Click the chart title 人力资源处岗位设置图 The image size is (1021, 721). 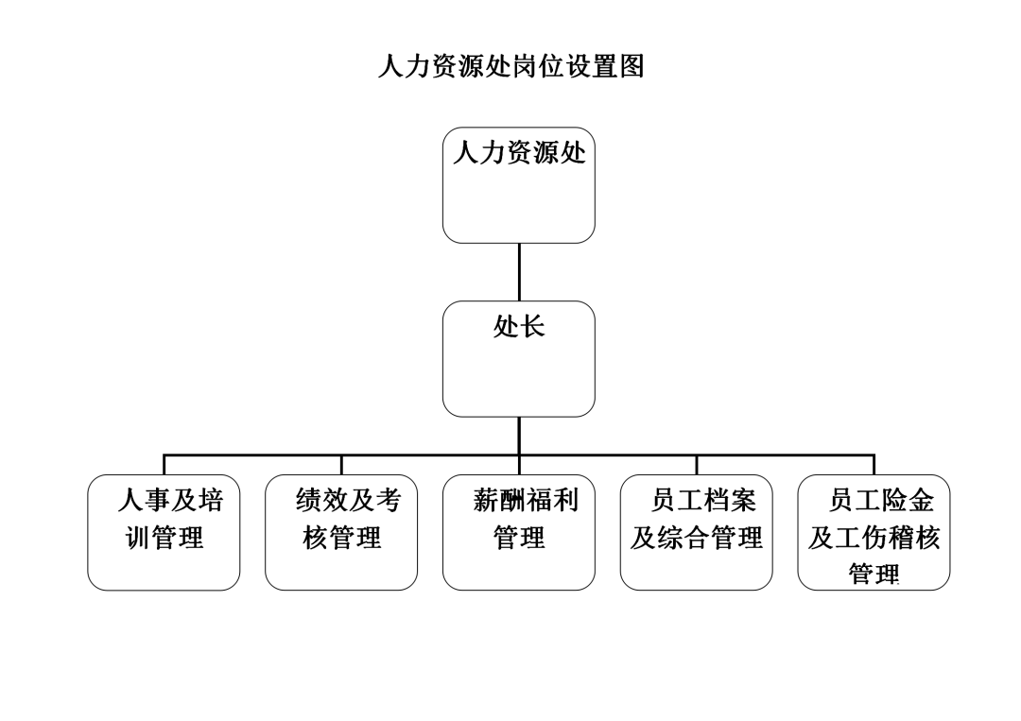(511, 66)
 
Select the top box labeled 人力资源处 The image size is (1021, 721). (519, 185)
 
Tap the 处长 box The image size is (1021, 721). (519, 358)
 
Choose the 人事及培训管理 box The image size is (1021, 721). (164, 532)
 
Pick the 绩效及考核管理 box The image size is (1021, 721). (341, 532)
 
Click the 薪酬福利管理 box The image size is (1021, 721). (519, 532)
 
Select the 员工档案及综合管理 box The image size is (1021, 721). (697, 532)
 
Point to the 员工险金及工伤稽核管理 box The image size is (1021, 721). (874, 532)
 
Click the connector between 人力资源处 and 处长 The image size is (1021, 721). (519, 272)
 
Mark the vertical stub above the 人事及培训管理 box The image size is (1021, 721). (164, 465)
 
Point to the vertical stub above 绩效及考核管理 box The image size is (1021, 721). (341, 465)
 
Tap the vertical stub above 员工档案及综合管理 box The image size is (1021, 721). (697, 465)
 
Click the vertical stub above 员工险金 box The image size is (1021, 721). (874, 465)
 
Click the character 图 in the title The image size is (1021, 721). (632, 66)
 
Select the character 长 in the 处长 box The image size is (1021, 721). (532, 326)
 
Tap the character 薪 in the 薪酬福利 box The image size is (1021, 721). (486, 500)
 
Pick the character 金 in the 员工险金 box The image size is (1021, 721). (921, 500)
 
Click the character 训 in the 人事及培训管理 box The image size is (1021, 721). (137, 538)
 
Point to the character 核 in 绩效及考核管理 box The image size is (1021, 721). (315, 538)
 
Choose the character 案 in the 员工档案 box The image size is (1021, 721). (743, 500)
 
